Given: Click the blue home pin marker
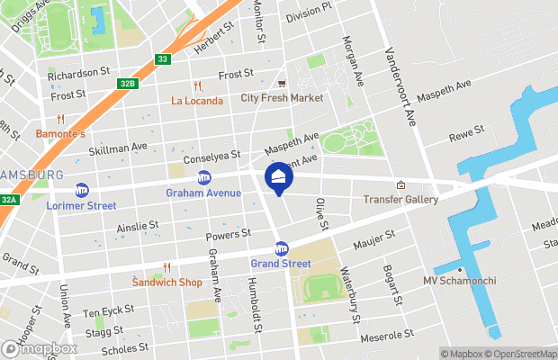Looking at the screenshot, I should pyautogui.click(x=278, y=178).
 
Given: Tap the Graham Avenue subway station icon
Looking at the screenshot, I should pyautogui.click(x=204, y=177).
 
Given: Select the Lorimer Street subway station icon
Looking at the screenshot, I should pyautogui.click(x=82, y=190).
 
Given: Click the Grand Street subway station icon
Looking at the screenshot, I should pyautogui.click(x=281, y=248).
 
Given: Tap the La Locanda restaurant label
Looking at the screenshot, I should pyautogui.click(x=196, y=101).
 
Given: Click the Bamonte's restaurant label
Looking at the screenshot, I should pyautogui.click(x=60, y=134).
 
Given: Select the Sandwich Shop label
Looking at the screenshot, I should pyautogui.click(x=166, y=282).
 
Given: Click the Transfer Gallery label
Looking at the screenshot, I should pyautogui.click(x=400, y=199).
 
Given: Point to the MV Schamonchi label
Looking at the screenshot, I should pyautogui.click(x=459, y=281).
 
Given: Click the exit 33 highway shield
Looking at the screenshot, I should pyautogui.click(x=161, y=59).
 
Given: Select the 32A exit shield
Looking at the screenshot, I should pyautogui.click(x=8, y=200).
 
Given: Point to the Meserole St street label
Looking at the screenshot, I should pyautogui.click(x=384, y=338).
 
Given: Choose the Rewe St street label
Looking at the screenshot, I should pyautogui.click(x=466, y=133).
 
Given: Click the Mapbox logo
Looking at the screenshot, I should pyautogui.click(x=39, y=348).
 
